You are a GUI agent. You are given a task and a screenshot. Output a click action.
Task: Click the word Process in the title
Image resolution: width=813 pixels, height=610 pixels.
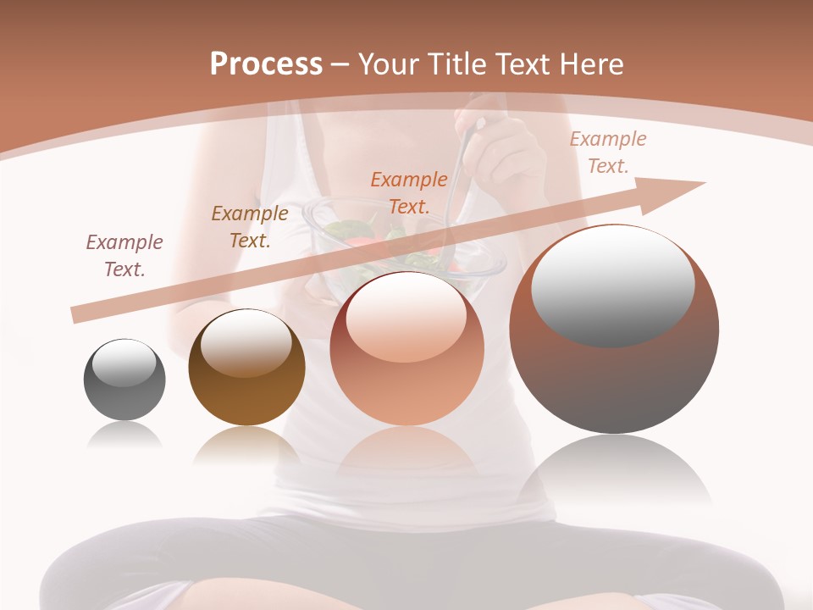coord(266,64)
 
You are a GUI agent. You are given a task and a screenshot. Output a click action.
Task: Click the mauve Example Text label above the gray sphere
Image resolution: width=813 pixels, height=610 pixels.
coord(124,256)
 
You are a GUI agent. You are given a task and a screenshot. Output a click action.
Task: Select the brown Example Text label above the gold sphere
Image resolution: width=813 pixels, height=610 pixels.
coord(250,227)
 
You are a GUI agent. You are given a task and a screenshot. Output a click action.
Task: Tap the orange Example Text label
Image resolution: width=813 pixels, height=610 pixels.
coord(409,192)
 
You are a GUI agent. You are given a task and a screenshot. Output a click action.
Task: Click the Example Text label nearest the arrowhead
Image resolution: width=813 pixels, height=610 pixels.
coord(608,152)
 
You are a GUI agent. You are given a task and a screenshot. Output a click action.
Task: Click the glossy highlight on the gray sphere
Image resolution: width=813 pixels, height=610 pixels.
coord(124,363)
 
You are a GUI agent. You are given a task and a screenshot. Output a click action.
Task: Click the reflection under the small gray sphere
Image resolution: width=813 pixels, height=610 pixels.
coord(124,435)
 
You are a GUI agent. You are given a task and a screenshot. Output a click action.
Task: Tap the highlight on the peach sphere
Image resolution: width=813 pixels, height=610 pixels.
coord(406,318)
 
